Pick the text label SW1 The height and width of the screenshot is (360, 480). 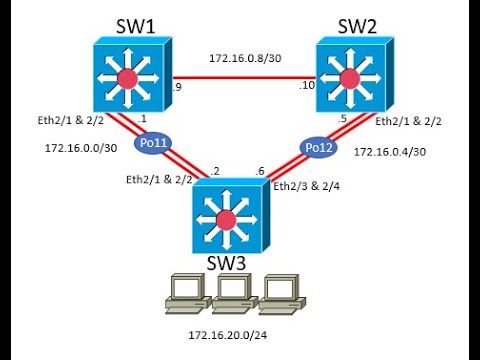point(127,24)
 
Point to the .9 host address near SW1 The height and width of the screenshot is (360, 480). point(176,88)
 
